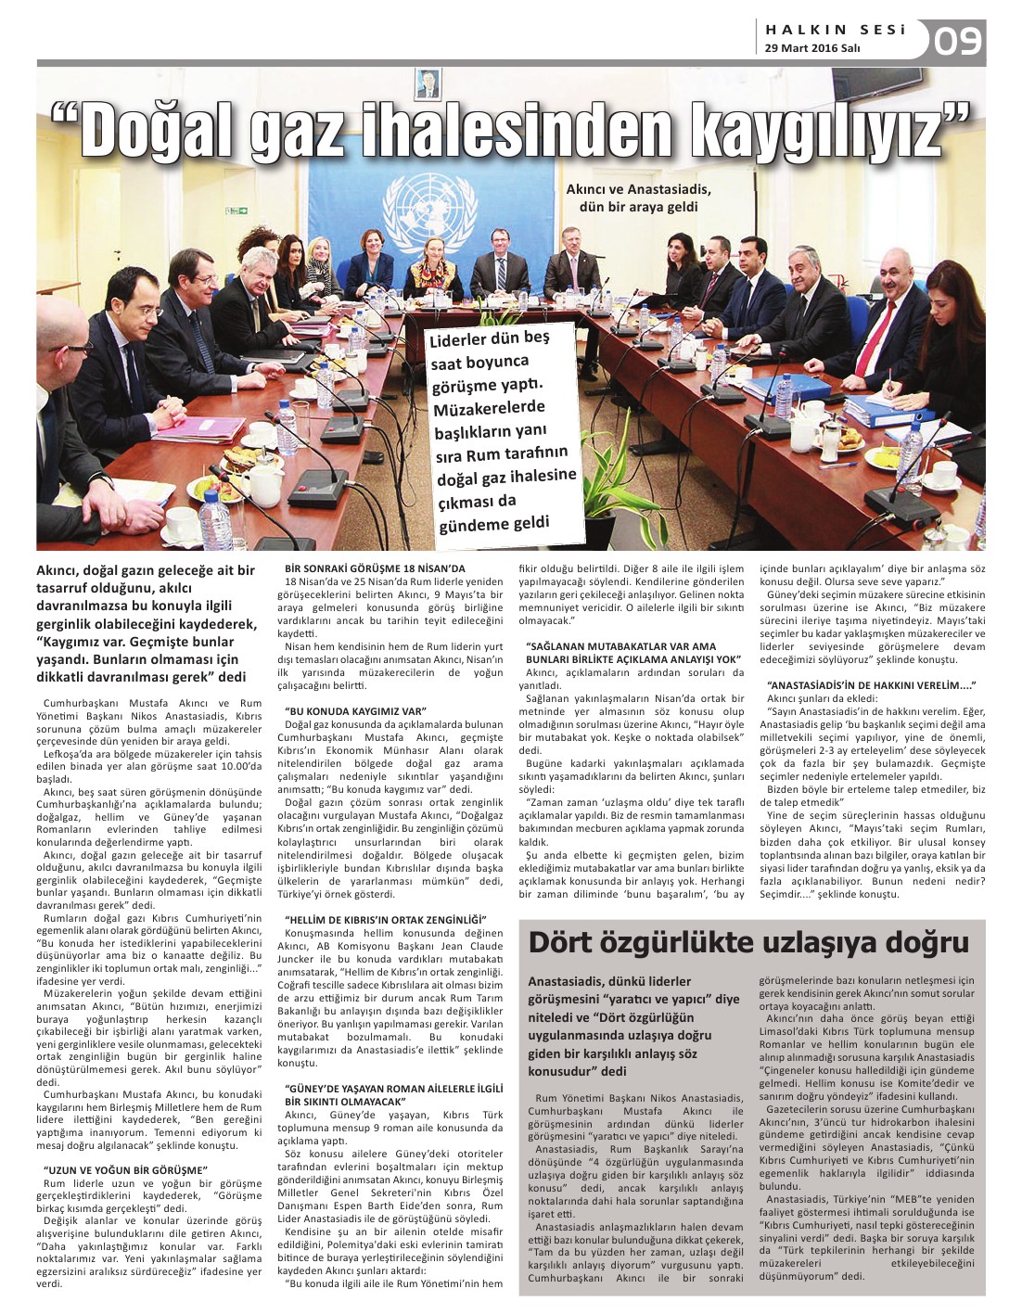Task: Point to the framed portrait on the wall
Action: click(x=426, y=83)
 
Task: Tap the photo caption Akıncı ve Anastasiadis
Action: click(x=638, y=198)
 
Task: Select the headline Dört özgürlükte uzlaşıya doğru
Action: click(x=748, y=943)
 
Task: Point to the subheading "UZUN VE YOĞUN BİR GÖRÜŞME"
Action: click(x=125, y=1170)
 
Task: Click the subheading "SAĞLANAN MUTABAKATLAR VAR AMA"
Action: click(x=621, y=646)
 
